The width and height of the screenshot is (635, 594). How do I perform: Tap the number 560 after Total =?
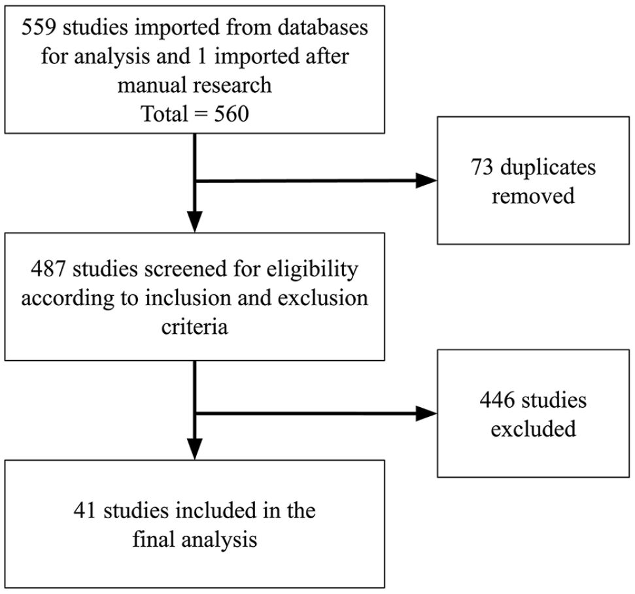click(232, 114)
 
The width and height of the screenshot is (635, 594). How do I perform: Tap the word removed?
click(533, 195)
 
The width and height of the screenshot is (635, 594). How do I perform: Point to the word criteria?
click(195, 327)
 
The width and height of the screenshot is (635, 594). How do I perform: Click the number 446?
click(496, 400)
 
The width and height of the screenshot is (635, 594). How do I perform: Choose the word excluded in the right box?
click(533, 429)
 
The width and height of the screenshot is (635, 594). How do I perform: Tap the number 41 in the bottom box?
click(84, 510)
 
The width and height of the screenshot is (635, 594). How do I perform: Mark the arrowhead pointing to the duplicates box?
click(426, 180)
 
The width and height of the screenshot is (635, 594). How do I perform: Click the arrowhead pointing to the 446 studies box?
click(426, 414)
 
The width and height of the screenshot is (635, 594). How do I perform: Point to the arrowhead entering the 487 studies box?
click(195, 222)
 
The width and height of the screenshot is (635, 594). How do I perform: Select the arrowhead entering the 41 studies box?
click(195, 449)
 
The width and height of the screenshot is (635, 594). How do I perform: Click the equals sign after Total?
click(201, 114)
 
